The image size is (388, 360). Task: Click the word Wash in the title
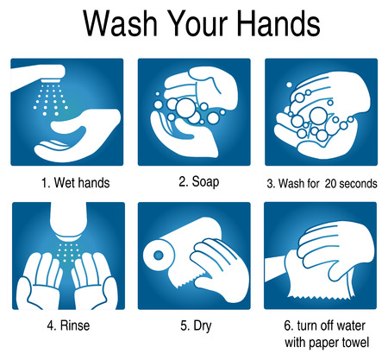(x=120, y=23)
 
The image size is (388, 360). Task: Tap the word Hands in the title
(x=279, y=23)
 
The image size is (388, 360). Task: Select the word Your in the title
(x=197, y=23)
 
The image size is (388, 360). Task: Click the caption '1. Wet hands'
(x=76, y=183)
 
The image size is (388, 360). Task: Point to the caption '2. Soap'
(x=199, y=182)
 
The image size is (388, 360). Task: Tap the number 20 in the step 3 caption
(x=331, y=183)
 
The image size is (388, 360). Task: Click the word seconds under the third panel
(x=359, y=183)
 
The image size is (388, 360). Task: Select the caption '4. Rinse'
(x=68, y=325)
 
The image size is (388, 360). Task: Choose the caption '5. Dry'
(x=196, y=325)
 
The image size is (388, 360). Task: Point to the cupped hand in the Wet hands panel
(x=78, y=136)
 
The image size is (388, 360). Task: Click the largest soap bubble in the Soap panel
(x=185, y=108)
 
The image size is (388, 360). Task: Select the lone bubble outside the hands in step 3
(x=289, y=85)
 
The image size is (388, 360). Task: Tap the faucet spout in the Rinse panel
(x=68, y=222)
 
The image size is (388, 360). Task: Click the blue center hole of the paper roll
(x=159, y=256)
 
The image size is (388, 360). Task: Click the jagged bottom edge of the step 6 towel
(x=322, y=297)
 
